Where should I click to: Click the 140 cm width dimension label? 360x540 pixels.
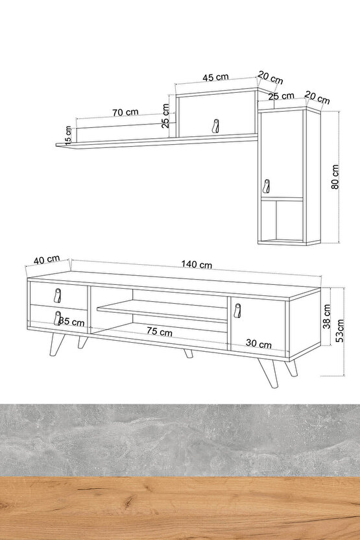[x=197, y=264]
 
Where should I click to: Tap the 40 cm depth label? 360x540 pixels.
[x=47, y=260]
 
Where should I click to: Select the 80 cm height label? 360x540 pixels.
[x=335, y=177]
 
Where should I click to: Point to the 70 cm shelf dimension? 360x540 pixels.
[x=125, y=112]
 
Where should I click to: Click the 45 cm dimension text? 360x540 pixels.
[x=215, y=77]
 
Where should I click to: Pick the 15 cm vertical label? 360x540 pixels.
[x=68, y=134]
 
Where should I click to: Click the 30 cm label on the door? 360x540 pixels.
[x=258, y=343]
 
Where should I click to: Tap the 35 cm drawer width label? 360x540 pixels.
[x=71, y=322]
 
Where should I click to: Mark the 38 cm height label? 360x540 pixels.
[x=327, y=316]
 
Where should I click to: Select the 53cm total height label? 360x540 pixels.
[x=340, y=330]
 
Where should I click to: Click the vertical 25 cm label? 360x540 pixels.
[x=165, y=116]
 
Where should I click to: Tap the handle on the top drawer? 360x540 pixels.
[x=58, y=295]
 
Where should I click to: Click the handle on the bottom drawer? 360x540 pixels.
[x=57, y=318]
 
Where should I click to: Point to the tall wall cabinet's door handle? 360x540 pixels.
[x=266, y=186]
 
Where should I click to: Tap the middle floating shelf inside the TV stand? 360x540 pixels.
[x=162, y=312]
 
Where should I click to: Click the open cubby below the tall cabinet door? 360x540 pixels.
[x=282, y=221]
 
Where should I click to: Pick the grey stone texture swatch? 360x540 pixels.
[x=180, y=440]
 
